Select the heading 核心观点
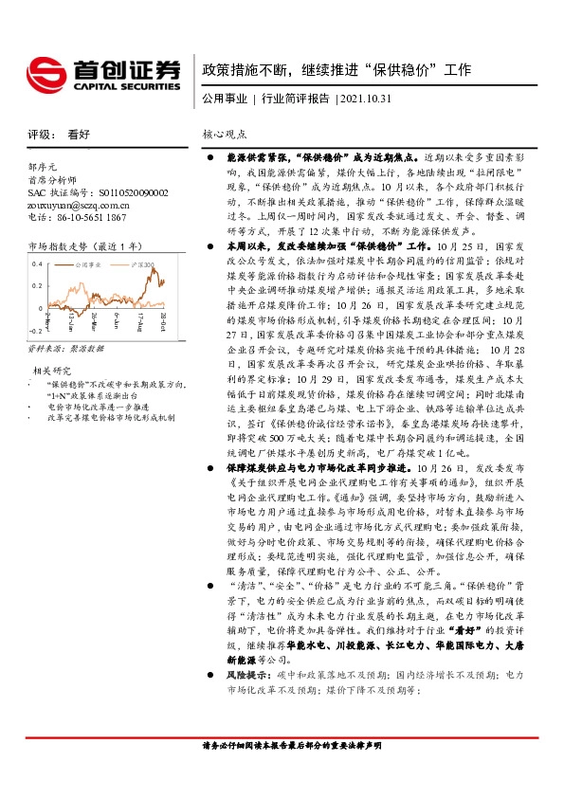pyautogui.click(x=225, y=136)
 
